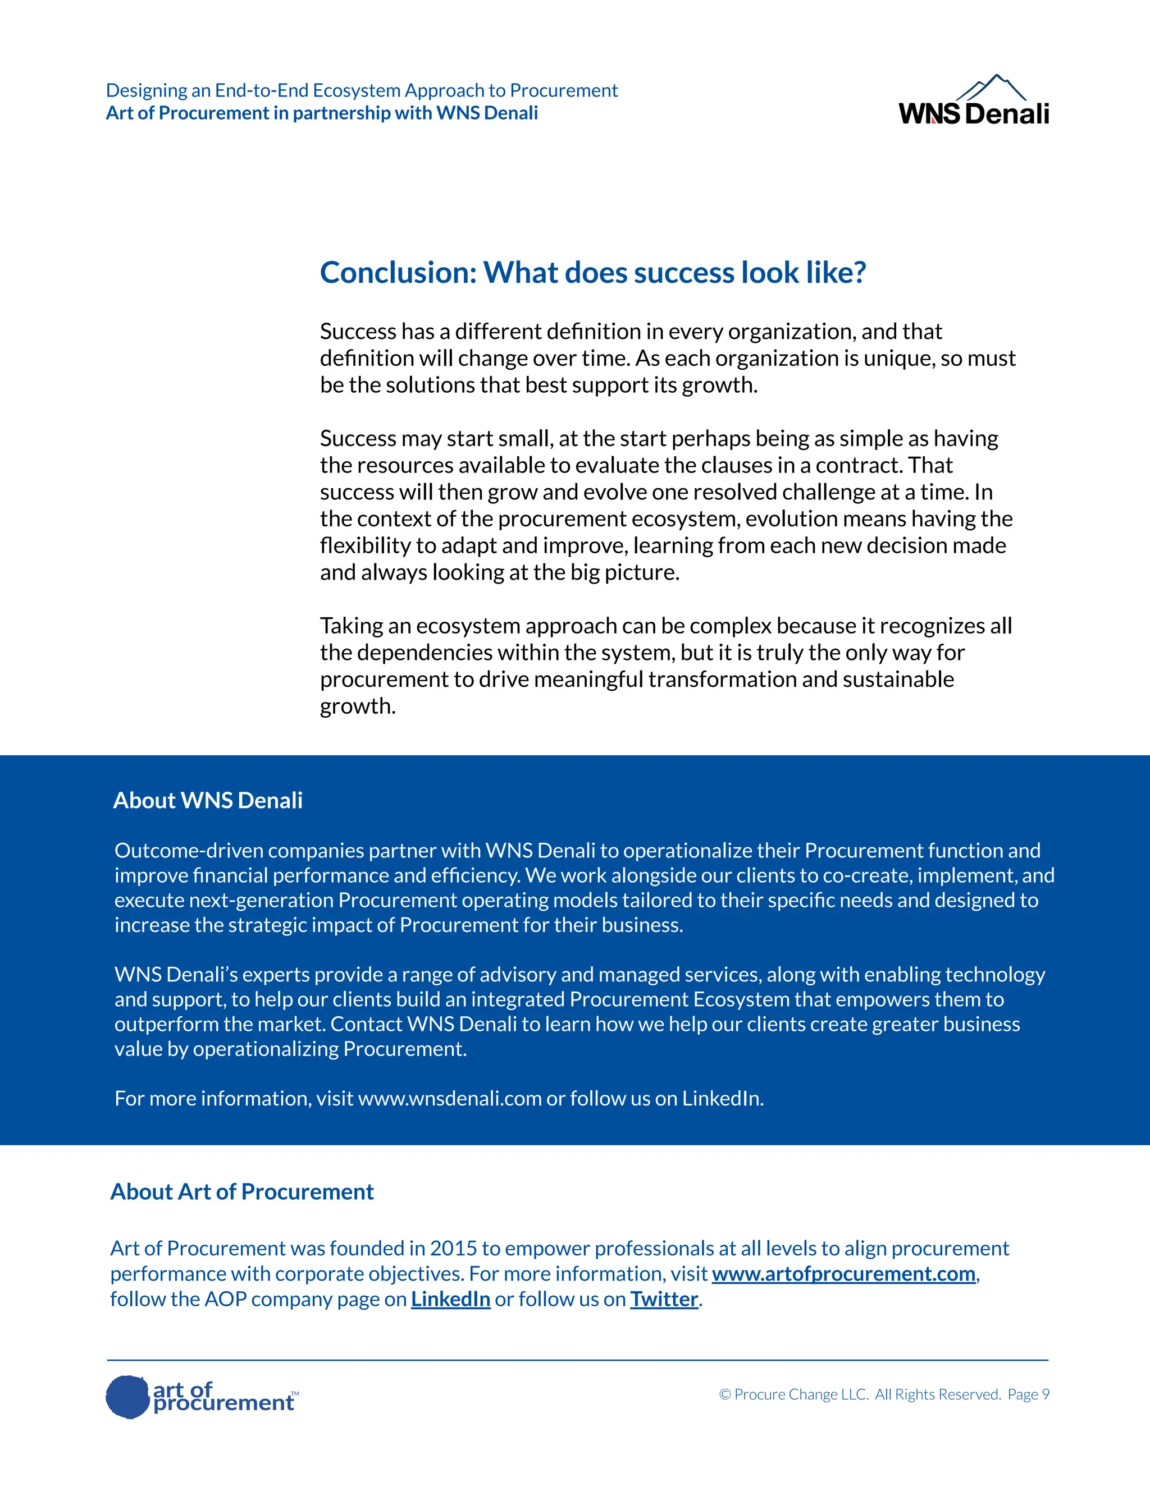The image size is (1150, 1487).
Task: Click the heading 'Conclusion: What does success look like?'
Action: click(593, 272)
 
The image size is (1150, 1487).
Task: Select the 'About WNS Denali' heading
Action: click(208, 800)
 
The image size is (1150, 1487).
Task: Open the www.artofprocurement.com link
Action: click(843, 1273)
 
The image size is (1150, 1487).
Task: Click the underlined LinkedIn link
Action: click(450, 1299)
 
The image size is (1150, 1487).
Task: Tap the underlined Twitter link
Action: click(664, 1299)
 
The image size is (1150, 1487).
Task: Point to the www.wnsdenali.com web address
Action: click(450, 1098)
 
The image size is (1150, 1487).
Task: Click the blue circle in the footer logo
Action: click(127, 1397)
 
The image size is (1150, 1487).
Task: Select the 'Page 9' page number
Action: click(1028, 1394)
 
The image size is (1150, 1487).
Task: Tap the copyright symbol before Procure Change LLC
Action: click(725, 1394)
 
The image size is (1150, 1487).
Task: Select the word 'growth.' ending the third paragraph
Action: click(358, 706)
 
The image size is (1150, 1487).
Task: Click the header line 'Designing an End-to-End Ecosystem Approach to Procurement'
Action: click(362, 90)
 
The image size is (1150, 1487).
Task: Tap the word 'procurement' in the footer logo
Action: click(223, 1403)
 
